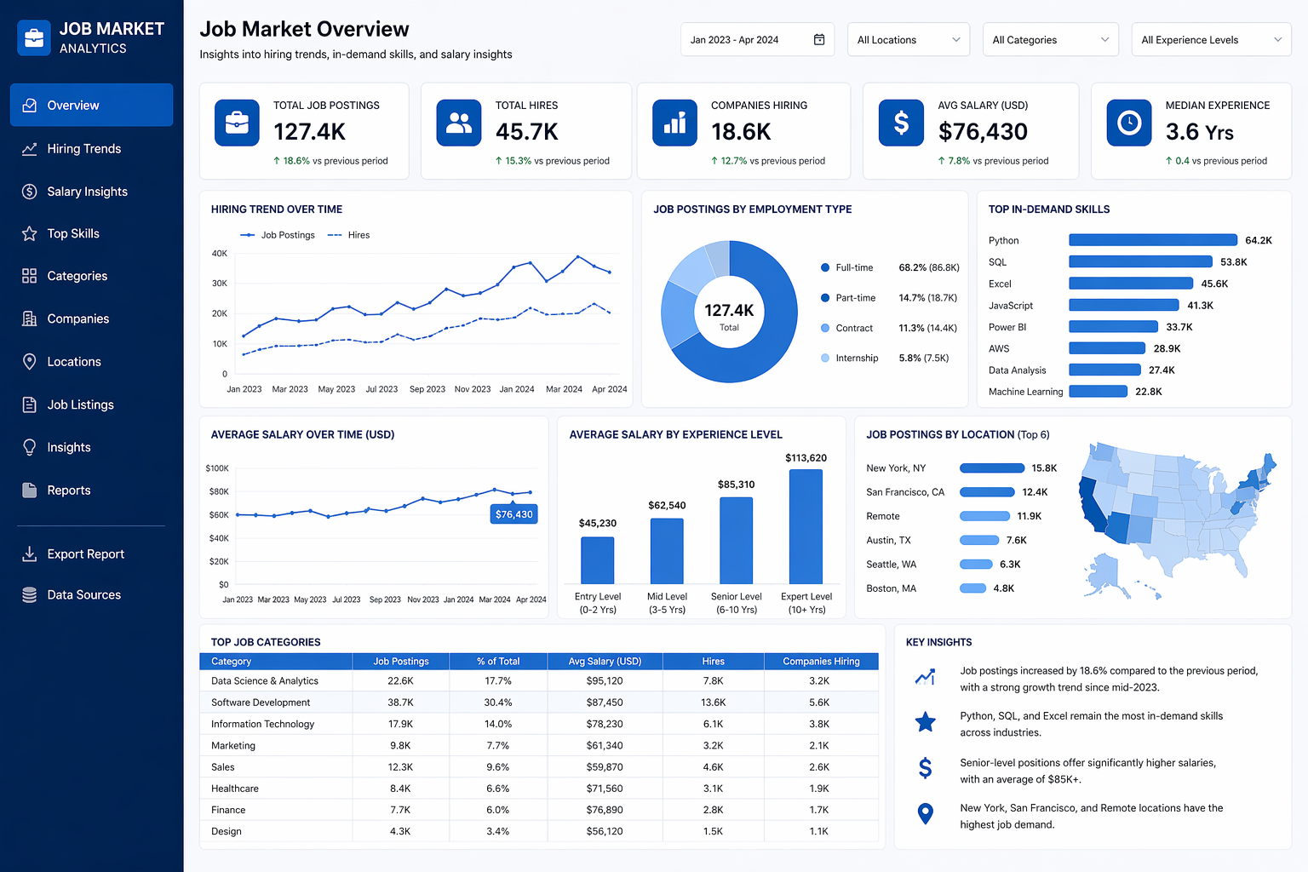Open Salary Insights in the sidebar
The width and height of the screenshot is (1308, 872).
tap(87, 192)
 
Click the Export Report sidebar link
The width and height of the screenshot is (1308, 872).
tap(85, 554)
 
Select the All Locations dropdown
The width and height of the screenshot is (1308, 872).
tap(908, 40)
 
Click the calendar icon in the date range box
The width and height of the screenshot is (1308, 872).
tap(819, 40)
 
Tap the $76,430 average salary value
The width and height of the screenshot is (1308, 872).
tap(983, 132)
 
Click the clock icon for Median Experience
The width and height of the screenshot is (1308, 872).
tap(1129, 123)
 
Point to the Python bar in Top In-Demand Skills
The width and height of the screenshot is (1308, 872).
tap(1152, 240)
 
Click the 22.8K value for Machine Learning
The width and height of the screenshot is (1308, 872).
tap(1148, 392)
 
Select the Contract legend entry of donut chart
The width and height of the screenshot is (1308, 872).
tap(853, 328)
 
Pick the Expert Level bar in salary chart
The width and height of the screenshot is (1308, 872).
tap(806, 527)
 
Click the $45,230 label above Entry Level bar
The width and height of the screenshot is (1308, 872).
tap(597, 523)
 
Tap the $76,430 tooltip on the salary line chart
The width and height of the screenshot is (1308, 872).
tap(514, 514)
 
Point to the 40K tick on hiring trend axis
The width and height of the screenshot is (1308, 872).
tap(219, 254)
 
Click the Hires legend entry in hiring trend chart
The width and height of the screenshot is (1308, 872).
tap(358, 235)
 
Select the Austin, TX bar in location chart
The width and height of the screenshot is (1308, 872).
tap(978, 540)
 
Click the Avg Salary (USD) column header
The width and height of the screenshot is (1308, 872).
tap(605, 662)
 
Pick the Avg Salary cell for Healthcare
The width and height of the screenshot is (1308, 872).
tap(605, 789)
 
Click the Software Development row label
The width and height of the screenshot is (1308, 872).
tap(261, 703)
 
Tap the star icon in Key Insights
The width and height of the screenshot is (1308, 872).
tap(925, 723)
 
